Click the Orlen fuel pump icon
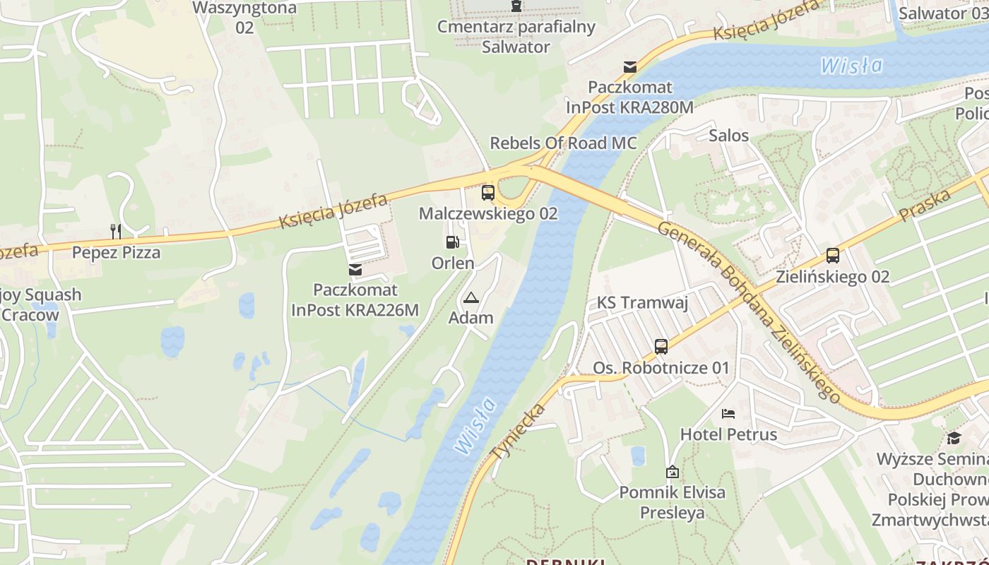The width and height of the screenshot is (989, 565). (452, 242)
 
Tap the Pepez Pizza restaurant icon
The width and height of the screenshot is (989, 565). (116, 231)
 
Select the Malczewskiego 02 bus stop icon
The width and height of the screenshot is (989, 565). (487, 192)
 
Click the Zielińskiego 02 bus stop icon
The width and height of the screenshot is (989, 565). (833, 255)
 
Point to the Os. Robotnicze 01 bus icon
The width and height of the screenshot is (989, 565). (661, 347)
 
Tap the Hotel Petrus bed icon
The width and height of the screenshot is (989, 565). (728, 413)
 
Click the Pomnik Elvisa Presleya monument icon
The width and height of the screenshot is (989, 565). (673, 471)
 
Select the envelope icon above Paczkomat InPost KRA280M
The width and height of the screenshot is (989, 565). (629, 67)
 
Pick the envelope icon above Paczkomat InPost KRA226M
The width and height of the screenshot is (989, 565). (355, 269)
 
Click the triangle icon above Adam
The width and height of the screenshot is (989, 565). (471, 297)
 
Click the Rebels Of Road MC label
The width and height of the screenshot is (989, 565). (563, 143)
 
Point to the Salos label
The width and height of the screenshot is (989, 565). (728, 135)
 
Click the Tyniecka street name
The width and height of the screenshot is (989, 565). (519, 432)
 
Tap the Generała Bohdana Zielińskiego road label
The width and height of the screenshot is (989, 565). (748, 311)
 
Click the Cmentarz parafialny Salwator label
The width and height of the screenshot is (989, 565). (516, 37)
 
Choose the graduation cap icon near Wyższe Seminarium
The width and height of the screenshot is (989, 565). (954, 438)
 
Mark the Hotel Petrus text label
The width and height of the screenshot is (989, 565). (728, 434)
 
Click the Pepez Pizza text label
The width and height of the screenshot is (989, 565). (116, 252)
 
